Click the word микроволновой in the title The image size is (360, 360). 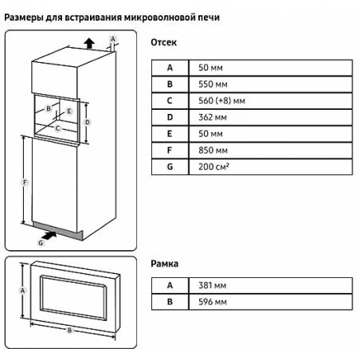click(x=159, y=18)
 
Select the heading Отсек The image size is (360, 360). click(x=163, y=42)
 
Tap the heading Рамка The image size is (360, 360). click(x=164, y=264)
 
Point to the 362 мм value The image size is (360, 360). click(x=213, y=117)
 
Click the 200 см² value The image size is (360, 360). click(x=213, y=166)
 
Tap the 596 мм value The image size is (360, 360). click(x=213, y=302)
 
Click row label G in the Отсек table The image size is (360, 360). click(x=170, y=166)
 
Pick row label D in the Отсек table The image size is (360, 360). click(x=170, y=117)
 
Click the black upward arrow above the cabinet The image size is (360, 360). click(x=89, y=43)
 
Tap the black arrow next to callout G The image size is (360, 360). click(x=49, y=235)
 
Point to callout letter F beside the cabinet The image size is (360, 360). click(x=25, y=182)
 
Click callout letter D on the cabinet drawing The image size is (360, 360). click(x=87, y=123)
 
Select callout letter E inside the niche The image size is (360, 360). click(x=69, y=112)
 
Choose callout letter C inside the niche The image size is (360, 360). click(x=57, y=128)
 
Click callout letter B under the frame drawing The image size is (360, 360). click(x=70, y=331)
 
